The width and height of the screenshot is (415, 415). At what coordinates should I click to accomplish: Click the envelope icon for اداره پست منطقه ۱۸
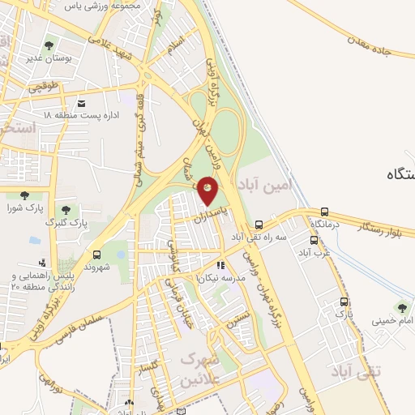[x=81, y=103]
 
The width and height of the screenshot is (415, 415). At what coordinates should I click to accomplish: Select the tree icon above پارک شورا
[x=24, y=195]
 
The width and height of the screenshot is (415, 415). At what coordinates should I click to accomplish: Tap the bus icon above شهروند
[x=96, y=255]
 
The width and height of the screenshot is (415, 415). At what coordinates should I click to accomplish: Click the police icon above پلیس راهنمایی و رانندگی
[x=41, y=263]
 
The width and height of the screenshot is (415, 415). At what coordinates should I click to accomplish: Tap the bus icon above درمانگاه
[x=325, y=211]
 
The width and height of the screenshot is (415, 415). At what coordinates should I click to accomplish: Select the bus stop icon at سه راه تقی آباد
[x=259, y=225]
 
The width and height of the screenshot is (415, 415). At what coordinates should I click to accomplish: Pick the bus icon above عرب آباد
[x=314, y=241]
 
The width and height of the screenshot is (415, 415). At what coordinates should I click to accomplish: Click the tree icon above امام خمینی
[x=401, y=307]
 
